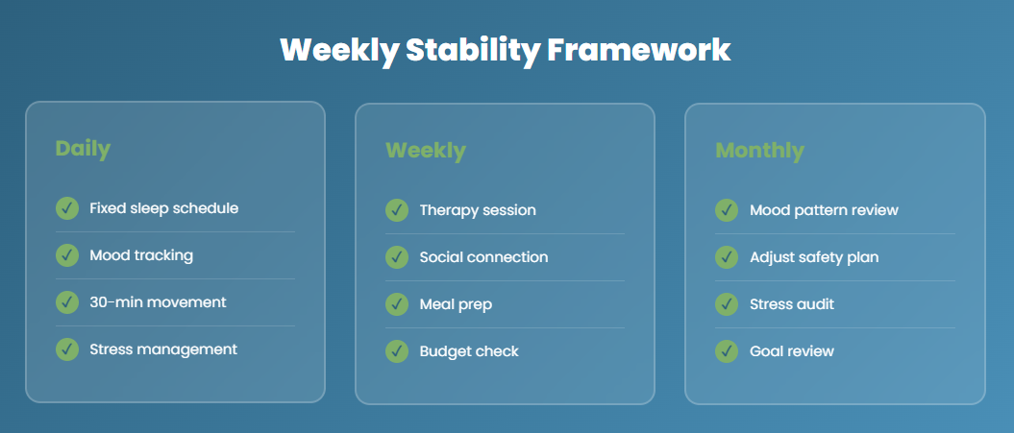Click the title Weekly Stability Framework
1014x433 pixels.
click(506, 50)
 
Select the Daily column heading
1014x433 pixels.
click(83, 149)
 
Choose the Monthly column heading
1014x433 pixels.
click(759, 151)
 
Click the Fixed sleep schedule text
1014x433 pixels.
click(163, 207)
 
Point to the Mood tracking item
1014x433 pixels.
click(141, 255)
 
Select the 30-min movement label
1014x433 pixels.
click(158, 302)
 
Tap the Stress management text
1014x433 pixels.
click(163, 349)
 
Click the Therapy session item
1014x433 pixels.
click(478, 210)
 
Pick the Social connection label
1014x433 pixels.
click(483, 257)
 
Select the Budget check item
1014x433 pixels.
click(469, 351)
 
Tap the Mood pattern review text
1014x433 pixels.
click(824, 210)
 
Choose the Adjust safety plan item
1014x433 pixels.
click(814, 257)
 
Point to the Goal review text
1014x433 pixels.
click(792, 351)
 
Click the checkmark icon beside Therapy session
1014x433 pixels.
click(397, 210)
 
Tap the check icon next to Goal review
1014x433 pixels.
click(727, 351)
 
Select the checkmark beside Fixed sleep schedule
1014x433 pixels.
click(67, 207)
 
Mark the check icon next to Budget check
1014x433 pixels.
click(397, 351)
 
